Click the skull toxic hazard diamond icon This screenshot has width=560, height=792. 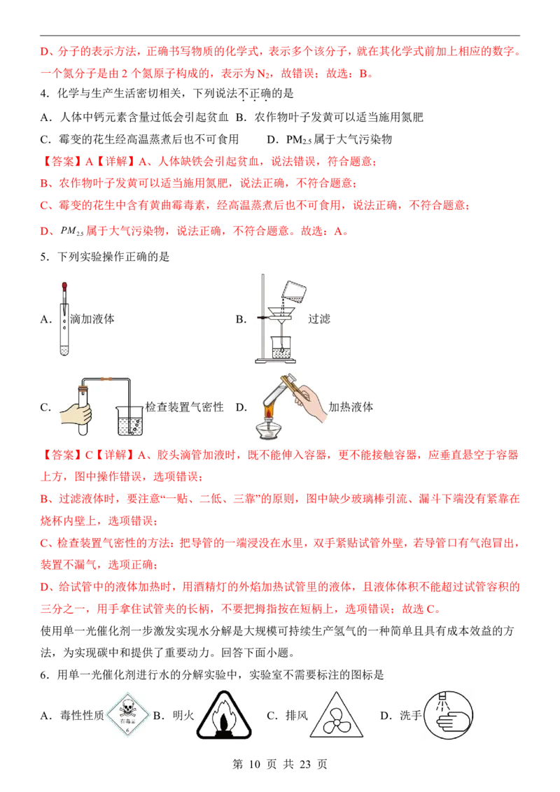tap(128, 715)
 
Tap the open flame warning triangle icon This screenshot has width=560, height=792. tap(224, 716)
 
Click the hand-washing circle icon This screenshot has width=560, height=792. tap(448, 715)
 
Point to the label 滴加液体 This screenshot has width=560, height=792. tap(92, 319)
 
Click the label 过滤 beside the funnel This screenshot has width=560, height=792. tap(319, 319)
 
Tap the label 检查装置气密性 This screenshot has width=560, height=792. tap(185, 407)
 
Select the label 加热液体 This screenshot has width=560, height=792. tap(351, 407)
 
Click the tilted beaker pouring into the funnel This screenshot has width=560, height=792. tap(293, 292)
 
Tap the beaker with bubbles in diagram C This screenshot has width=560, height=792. tap(130, 420)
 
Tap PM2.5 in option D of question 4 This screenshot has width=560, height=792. tap(299, 140)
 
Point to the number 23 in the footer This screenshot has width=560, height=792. tap(304, 764)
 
